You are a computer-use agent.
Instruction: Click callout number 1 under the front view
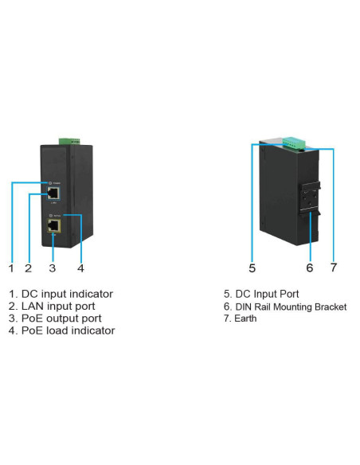[12, 268]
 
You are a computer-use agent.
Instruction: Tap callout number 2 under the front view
[28, 268]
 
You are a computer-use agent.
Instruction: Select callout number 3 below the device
[53, 268]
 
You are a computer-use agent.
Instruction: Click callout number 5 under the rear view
[252, 268]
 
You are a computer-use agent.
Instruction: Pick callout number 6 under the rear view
[310, 268]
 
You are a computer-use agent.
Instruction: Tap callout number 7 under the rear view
[334, 268]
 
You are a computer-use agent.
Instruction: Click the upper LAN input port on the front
[53, 192]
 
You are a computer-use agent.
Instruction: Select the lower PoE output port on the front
[53, 225]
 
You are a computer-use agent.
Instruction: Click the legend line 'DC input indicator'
[61, 294]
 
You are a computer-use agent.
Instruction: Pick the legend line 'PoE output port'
[55, 318]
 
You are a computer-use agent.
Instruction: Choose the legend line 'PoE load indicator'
[61, 330]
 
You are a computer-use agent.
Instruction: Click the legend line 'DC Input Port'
[262, 294]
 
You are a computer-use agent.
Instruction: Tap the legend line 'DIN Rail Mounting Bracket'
[284, 306]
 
